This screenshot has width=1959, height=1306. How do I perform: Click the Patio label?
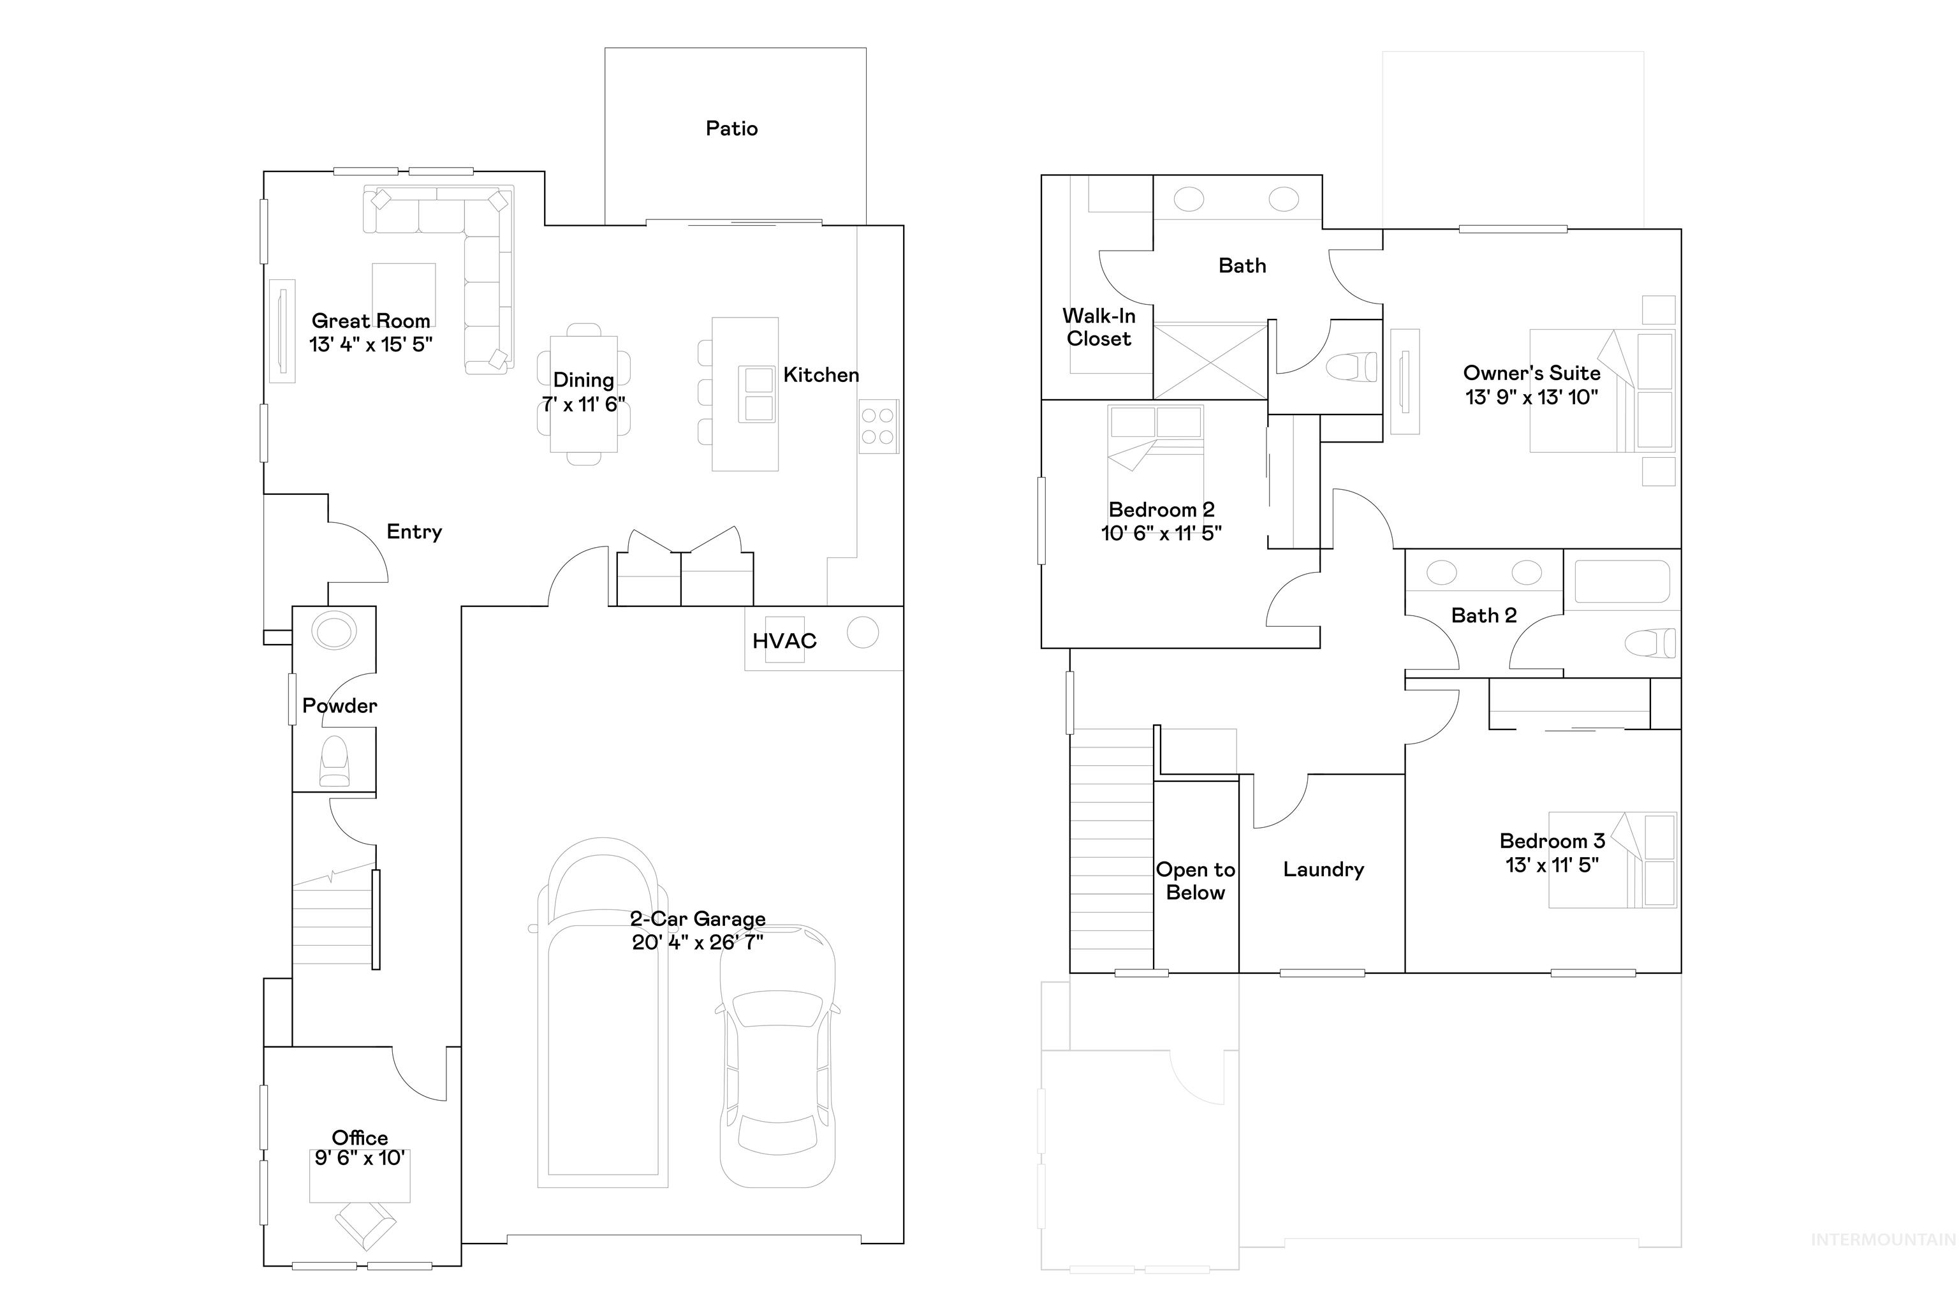tap(731, 128)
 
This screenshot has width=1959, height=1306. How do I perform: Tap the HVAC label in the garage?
tap(784, 640)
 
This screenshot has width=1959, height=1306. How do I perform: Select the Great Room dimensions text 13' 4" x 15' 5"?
tap(371, 344)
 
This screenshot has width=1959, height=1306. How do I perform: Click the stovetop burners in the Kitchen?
tap(878, 425)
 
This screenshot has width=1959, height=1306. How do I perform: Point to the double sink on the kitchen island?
tap(758, 394)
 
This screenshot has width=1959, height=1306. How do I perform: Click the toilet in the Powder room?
tap(335, 760)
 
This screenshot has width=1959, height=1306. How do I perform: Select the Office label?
tap(360, 1137)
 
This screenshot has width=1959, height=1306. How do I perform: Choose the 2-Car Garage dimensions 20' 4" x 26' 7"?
tap(697, 942)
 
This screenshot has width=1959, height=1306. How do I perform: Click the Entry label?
tap(414, 531)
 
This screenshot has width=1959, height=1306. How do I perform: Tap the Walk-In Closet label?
tap(1099, 327)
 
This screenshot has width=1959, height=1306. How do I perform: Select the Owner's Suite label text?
tap(1531, 373)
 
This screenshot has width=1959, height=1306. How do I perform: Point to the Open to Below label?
tap(1195, 881)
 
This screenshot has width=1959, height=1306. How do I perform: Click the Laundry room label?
tap(1323, 870)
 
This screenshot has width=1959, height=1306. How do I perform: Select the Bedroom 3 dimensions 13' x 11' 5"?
tap(1551, 865)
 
